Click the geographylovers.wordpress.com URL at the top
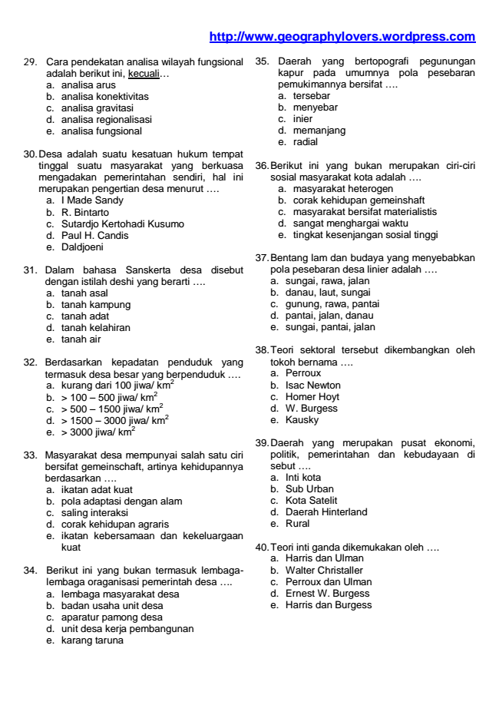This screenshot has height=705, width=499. coord(342,37)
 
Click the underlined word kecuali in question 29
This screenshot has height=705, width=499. coord(144,73)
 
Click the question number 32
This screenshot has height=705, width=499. coord(31,362)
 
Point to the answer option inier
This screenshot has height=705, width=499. coord(302,119)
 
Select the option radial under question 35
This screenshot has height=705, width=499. coord(305,142)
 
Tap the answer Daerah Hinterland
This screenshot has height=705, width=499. coord(326,512)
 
